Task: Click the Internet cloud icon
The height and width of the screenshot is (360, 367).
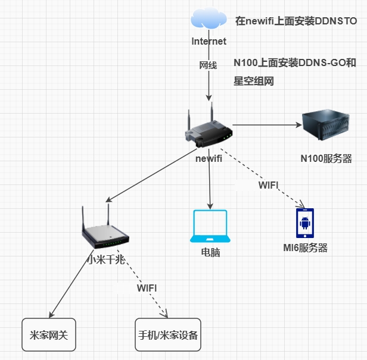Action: coord(209,20)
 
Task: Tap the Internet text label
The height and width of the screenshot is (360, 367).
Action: coord(209,42)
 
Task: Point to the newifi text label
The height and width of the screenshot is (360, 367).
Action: coord(209,158)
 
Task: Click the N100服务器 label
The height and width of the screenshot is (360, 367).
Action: coord(326,159)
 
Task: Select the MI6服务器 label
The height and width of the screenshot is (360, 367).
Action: coord(305,248)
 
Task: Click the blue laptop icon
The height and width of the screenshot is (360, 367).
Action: coord(209,226)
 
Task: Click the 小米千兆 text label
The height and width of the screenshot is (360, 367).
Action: coord(106,259)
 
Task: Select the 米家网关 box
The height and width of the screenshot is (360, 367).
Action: coord(49,334)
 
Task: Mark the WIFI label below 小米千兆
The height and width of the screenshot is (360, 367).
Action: coord(147,288)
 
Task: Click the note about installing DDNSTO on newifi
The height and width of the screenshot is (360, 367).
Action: coord(296,21)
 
